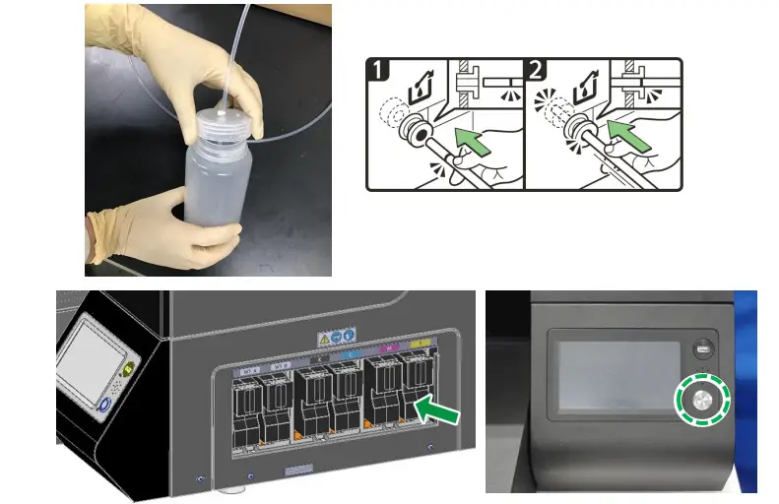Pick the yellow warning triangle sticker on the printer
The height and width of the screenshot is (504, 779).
(x=322, y=339)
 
